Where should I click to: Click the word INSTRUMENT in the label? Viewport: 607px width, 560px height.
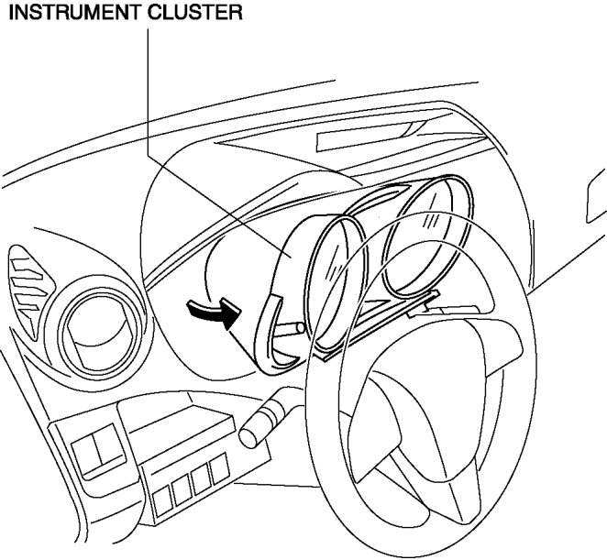58,14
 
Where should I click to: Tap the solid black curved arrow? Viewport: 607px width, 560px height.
208,314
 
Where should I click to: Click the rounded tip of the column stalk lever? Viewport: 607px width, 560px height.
249,434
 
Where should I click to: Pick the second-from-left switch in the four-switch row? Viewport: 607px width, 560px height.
182,489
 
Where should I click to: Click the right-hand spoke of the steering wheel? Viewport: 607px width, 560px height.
513,385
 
